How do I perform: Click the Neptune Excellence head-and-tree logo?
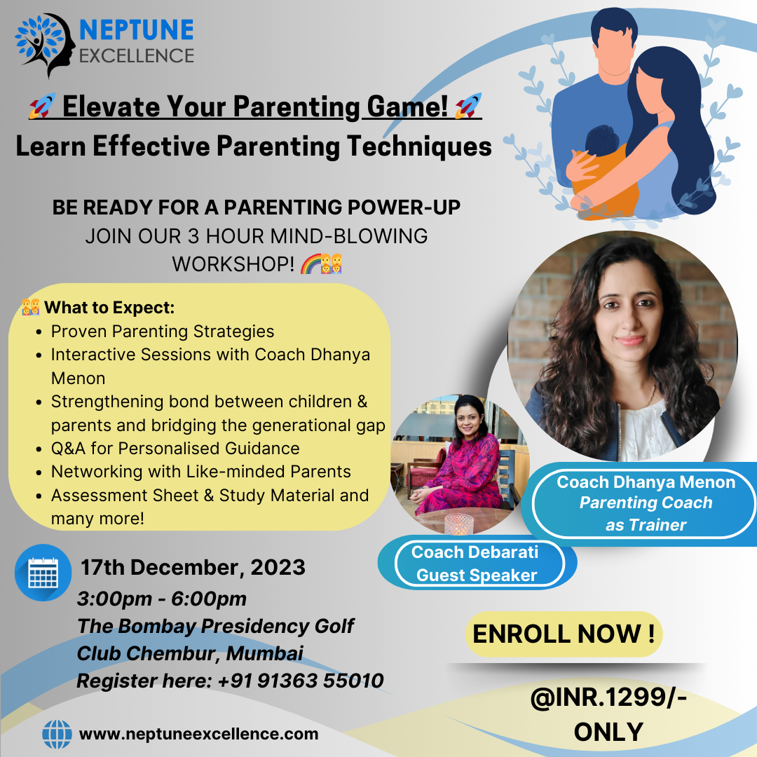(45, 45)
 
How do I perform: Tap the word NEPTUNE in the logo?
(137, 30)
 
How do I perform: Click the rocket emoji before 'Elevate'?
(42, 106)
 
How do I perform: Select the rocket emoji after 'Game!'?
(468, 106)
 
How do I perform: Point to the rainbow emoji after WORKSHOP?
(311, 264)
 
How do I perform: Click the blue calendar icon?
(43, 573)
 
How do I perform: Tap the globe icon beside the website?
(57, 735)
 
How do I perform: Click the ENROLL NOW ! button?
(564, 634)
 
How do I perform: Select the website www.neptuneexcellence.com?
(198, 735)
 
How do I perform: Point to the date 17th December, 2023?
(193, 567)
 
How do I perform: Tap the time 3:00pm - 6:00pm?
(162, 599)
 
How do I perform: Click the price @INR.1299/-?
(608, 697)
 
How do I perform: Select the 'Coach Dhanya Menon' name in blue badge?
(646, 482)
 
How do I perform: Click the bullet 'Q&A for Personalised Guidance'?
(175, 449)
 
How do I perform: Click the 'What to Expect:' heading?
(109, 308)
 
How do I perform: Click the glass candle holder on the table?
(458, 524)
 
